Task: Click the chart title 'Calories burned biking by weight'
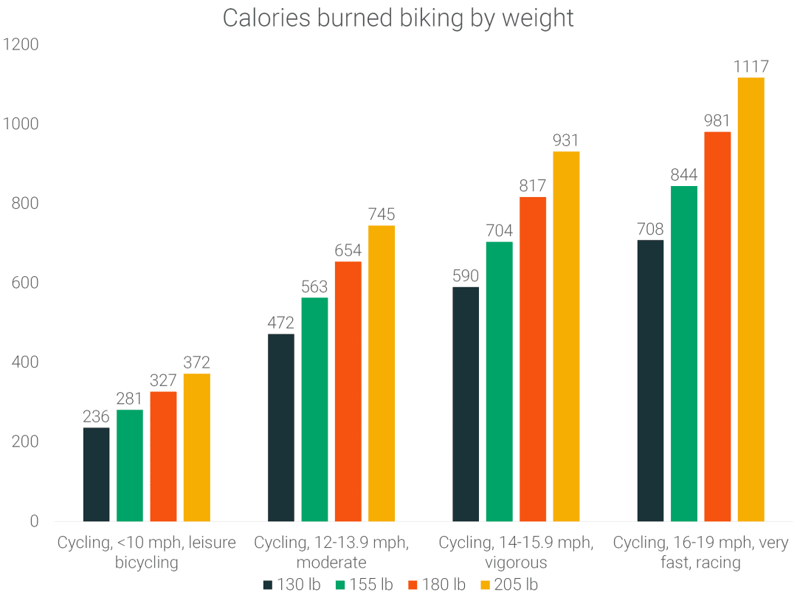pos(398,18)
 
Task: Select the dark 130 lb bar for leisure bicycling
pos(96,474)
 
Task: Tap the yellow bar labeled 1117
pos(751,299)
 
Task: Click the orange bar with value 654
pos(348,391)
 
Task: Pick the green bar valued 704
pos(499,381)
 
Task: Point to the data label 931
pos(566,140)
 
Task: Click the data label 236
pos(96,416)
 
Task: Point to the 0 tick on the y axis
pos(34,521)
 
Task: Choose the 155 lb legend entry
pos(364,585)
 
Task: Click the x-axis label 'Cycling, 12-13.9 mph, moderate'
pos(331,552)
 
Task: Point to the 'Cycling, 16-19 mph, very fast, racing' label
pos(700,552)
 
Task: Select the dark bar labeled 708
pos(649,380)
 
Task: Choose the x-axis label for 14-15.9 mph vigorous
pos(516,552)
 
